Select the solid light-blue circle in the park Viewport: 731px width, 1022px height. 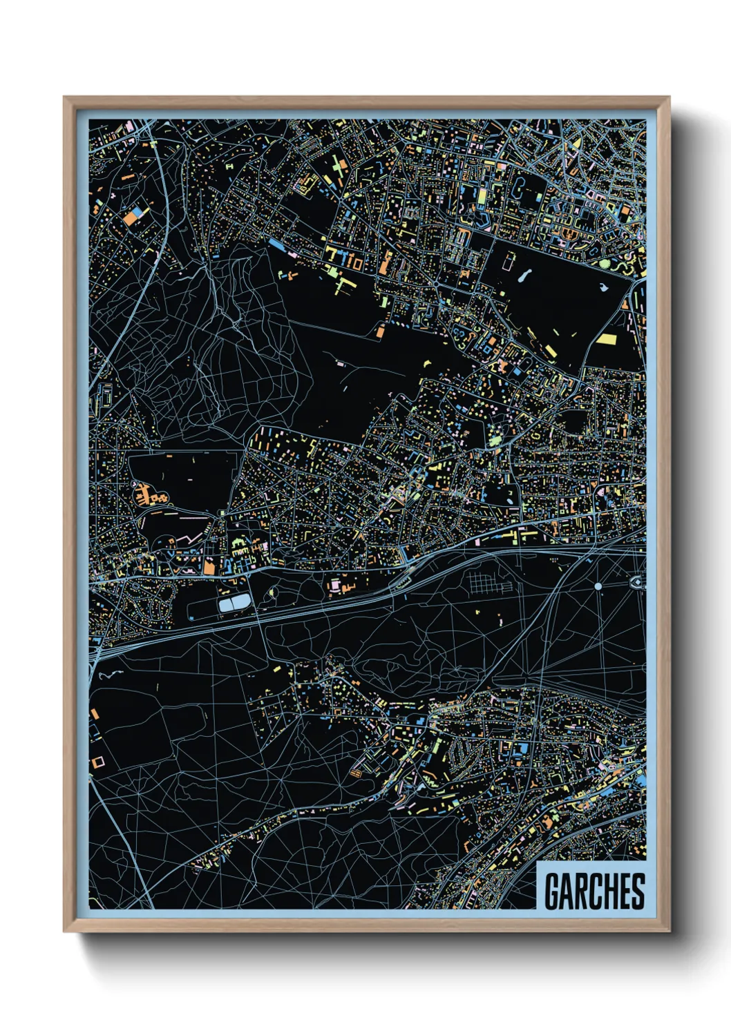tap(598, 586)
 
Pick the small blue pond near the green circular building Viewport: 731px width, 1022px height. tap(603, 286)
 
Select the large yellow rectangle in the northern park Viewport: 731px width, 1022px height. tap(607, 339)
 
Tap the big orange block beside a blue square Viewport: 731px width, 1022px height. tap(129, 218)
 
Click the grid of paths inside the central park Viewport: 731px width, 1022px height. tap(491, 582)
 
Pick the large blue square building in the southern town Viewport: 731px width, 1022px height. tap(523, 749)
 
